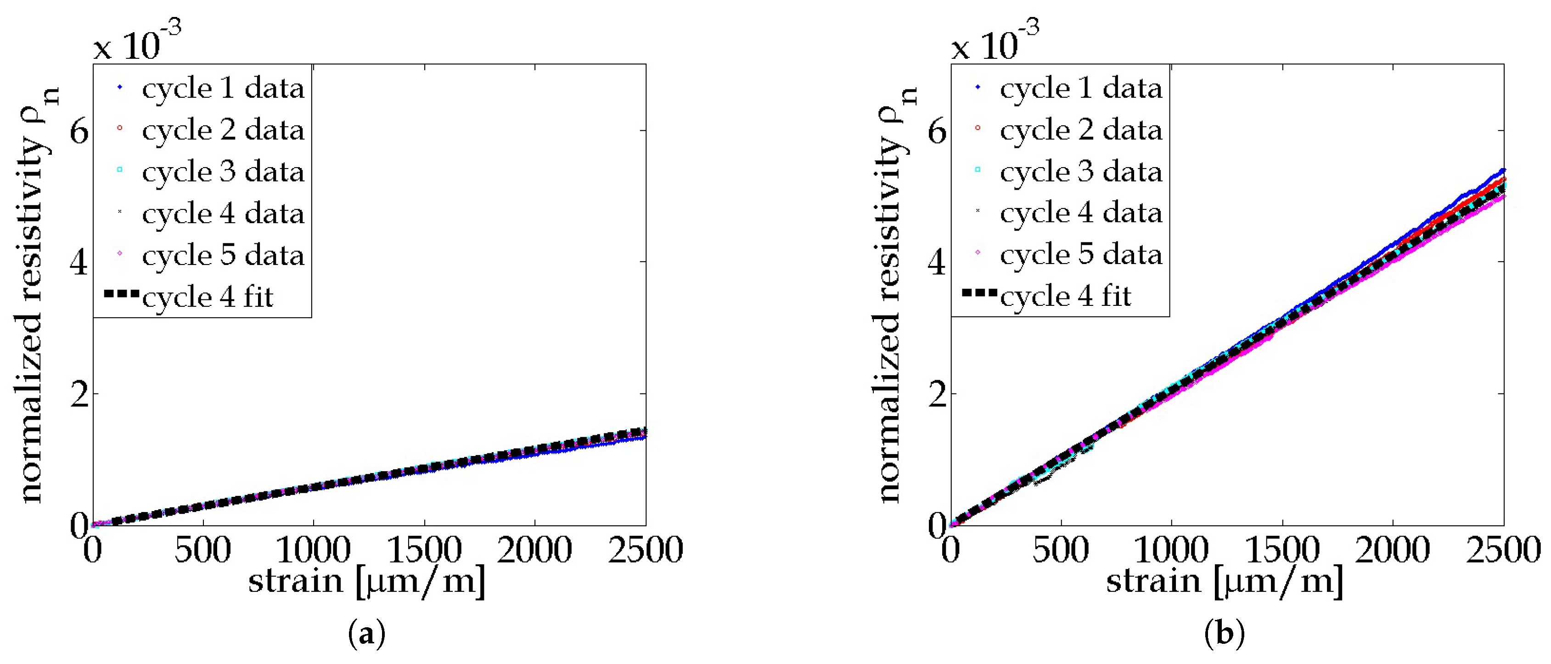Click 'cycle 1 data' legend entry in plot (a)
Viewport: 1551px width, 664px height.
pos(223,89)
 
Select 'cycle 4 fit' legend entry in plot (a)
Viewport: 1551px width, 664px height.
pos(208,297)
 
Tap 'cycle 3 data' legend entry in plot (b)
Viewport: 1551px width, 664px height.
pos(1081,172)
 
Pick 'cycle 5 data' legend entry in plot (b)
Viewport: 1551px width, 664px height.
pos(1081,255)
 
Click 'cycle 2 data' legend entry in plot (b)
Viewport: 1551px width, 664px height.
pos(1081,130)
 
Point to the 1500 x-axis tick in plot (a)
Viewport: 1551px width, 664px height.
pos(424,550)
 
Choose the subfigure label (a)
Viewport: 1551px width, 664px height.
pos(367,634)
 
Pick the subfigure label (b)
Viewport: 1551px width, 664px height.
pos(1225,634)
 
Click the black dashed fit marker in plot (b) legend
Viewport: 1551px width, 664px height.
pos(979,293)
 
